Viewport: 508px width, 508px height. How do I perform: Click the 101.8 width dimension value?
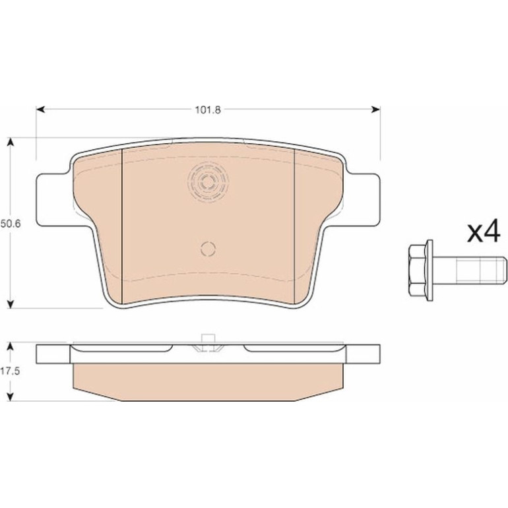click(x=208, y=110)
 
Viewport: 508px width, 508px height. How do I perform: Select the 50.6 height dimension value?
click(x=11, y=224)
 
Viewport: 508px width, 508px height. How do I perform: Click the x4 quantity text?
click(x=484, y=232)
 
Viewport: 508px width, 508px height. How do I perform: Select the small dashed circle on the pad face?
click(x=208, y=249)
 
